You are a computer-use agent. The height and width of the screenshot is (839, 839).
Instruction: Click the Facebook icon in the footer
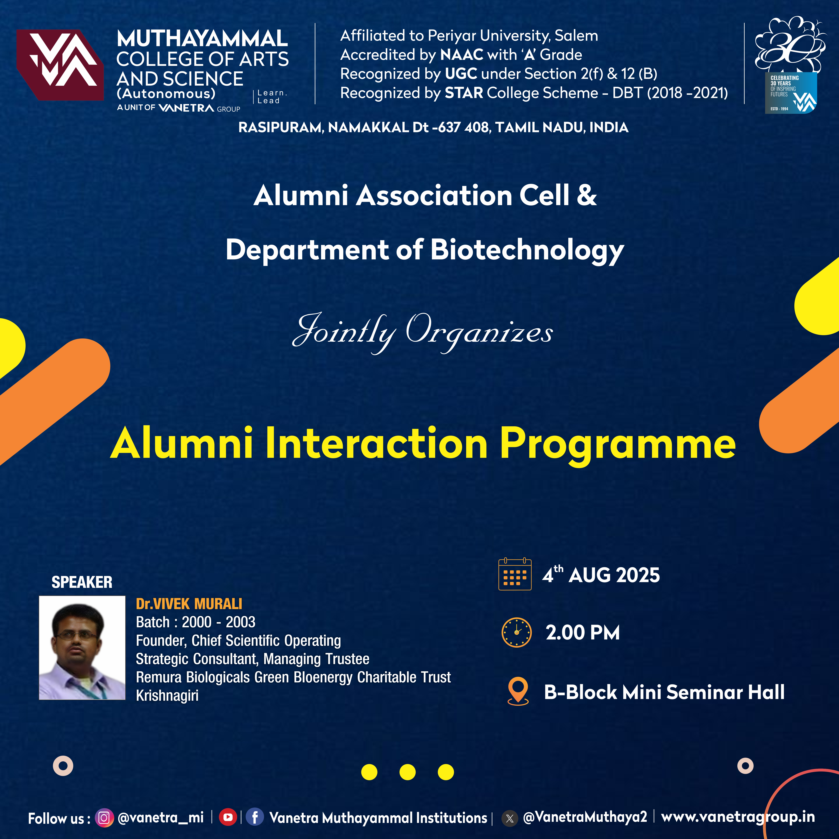coord(255,817)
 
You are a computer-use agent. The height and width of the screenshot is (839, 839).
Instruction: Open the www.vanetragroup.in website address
coord(738,817)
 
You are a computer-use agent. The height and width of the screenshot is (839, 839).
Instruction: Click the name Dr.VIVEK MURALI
coord(189,604)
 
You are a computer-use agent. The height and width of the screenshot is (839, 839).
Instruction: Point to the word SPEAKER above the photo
coord(82,582)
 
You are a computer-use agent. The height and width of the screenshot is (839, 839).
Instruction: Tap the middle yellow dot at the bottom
coord(407,772)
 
